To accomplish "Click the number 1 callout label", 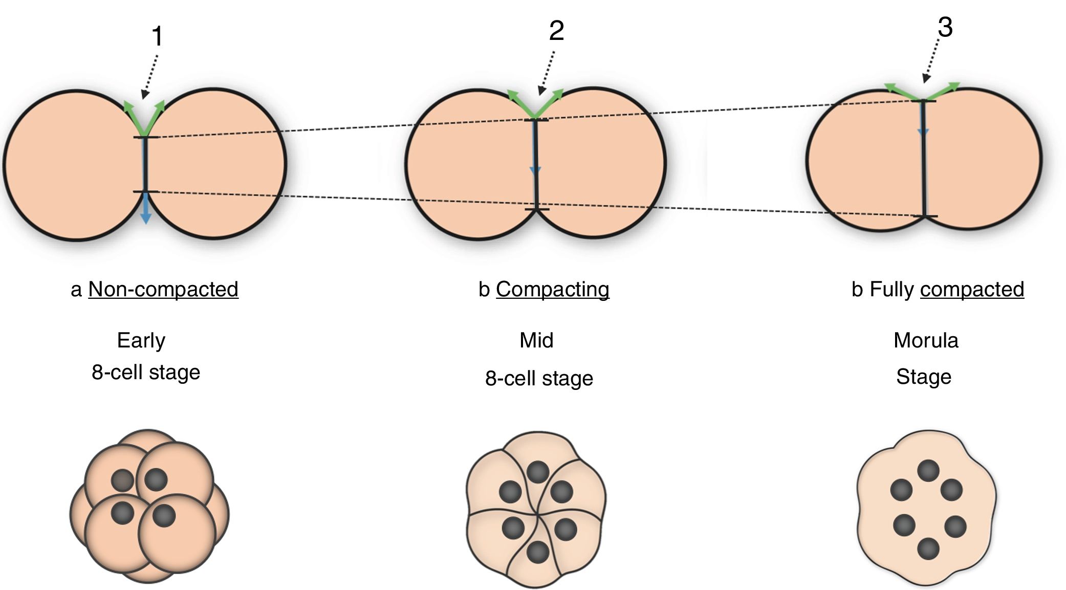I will tap(157, 37).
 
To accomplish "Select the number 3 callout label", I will tap(945, 27).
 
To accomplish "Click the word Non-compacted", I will tap(163, 290).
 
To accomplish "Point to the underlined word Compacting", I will tap(552, 290).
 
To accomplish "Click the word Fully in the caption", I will tap(891, 290).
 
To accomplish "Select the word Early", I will tap(141, 340).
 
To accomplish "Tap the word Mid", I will tap(536, 340).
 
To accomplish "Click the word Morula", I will tap(926, 340).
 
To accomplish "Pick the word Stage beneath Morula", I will tap(924, 377).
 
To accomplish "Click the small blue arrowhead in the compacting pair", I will tap(535, 170).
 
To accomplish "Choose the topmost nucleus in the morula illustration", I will tap(928, 471).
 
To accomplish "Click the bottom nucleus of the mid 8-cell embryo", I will tap(538, 552).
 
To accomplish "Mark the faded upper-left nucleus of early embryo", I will tap(122, 480).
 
